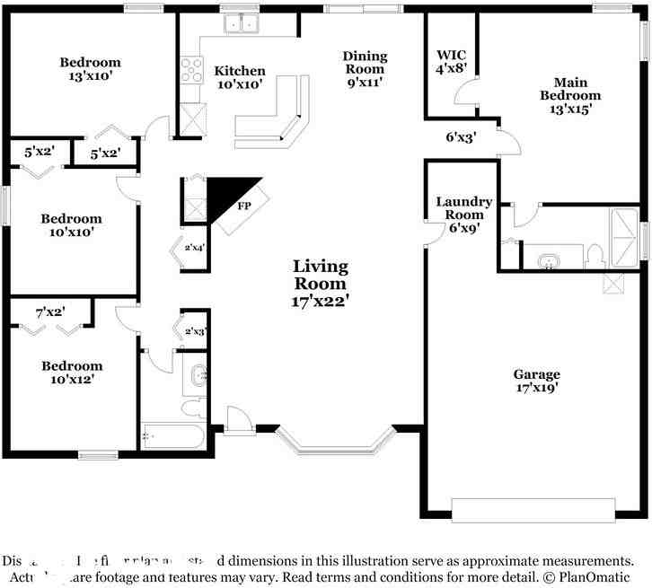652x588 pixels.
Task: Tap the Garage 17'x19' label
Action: [536, 381]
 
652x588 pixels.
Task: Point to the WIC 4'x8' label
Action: [450, 60]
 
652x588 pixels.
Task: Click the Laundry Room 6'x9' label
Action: [463, 215]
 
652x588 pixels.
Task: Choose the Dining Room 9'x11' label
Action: [364, 68]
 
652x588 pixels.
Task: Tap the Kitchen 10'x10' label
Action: [240, 77]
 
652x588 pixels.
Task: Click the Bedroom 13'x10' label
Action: [90, 69]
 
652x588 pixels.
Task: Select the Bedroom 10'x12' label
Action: [72, 373]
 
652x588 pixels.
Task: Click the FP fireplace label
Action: [243, 206]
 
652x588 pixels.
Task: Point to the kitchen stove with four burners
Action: [191, 69]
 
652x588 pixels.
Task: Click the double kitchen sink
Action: [240, 24]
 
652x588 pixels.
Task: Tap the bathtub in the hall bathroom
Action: [173, 437]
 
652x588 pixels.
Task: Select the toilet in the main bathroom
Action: [594, 257]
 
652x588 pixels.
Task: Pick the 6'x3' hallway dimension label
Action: [461, 137]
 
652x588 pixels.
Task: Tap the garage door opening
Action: [533, 510]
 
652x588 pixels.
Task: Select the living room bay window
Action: [334, 443]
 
